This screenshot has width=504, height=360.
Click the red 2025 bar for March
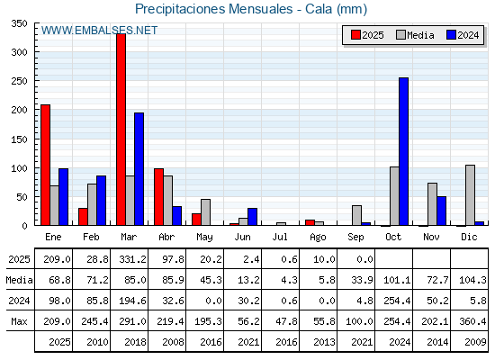[121, 130]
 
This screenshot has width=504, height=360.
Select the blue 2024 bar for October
[404, 151]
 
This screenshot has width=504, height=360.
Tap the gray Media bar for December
[470, 195]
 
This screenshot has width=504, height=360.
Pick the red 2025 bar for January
[46, 165]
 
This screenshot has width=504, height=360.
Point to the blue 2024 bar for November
[441, 211]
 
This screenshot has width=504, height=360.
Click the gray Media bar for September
[356, 215]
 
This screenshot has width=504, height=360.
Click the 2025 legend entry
[367, 35]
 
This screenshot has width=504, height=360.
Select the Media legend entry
[415, 35]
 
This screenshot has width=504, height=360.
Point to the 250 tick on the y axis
[19, 81]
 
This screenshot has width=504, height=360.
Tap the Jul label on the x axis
[280, 237]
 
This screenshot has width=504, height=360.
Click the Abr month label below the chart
[166, 237]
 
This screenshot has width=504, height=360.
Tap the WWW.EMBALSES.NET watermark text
[99, 31]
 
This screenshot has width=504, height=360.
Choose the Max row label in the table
[19, 321]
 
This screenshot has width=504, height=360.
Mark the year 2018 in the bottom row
[135, 342]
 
